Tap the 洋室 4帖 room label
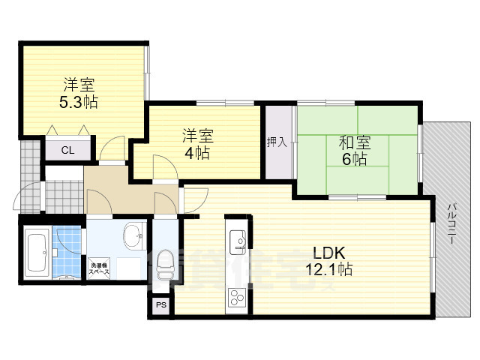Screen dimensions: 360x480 [198, 144]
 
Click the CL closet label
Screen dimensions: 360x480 [67, 150]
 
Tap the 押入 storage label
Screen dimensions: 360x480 [277, 142]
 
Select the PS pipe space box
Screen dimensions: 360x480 [160, 305]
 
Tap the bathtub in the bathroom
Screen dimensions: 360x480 [36, 252]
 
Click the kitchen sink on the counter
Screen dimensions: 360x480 [236, 238]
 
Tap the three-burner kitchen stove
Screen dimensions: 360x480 [237, 298]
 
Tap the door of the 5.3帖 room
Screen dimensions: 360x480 [113, 148]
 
